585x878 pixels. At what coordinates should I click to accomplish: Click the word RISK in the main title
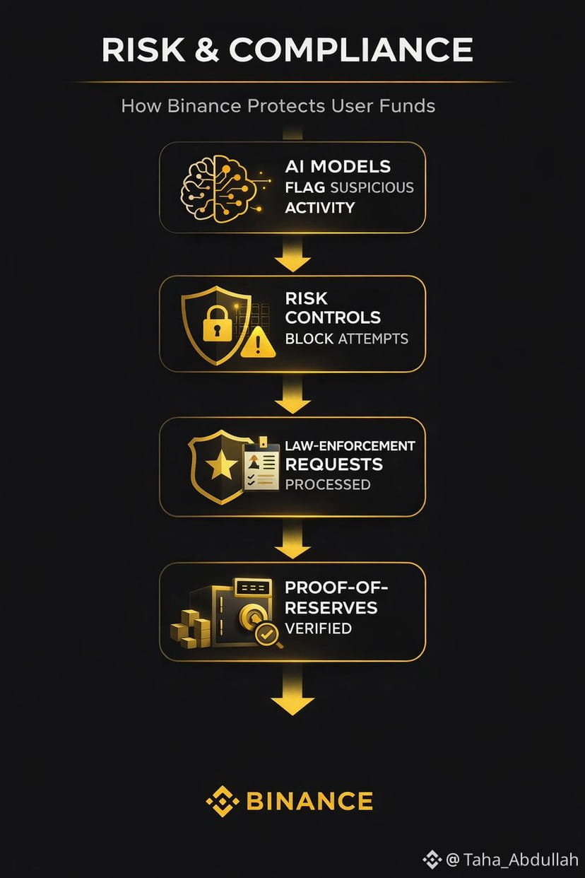click(x=142, y=49)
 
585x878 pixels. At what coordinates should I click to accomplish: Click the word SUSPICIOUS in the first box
click(x=370, y=187)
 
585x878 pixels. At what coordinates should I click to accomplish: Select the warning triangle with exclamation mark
click(x=258, y=342)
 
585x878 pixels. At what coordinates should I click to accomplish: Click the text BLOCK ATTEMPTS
click(x=346, y=339)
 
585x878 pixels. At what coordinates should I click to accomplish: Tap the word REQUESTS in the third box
click(x=333, y=464)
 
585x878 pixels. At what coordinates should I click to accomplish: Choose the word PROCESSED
click(x=327, y=484)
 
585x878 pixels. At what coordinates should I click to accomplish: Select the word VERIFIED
click(x=318, y=628)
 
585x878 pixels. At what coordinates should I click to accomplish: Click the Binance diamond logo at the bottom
click(x=221, y=801)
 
